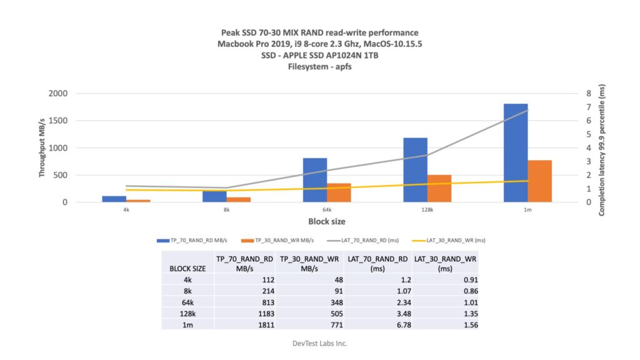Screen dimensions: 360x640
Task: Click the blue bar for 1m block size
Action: click(516, 153)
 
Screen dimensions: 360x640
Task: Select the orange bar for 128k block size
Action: click(439, 189)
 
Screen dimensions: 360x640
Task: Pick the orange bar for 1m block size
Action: click(540, 181)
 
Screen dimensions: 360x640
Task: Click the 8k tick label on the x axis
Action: click(227, 210)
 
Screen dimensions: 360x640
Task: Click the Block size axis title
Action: click(326, 221)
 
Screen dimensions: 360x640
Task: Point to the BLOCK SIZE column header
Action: click(187, 268)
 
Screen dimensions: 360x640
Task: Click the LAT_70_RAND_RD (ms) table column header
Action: click(379, 263)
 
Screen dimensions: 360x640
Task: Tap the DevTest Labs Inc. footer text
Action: click(320, 343)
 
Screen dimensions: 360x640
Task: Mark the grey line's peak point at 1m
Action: click(528, 110)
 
